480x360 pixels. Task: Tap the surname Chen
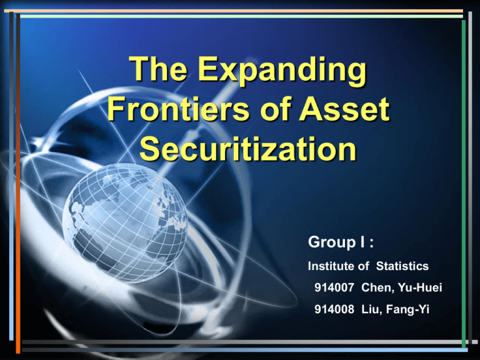click(x=374, y=287)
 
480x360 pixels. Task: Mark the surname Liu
click(x=370, y=307)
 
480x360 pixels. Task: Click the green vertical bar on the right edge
click(x=463, y=181)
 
